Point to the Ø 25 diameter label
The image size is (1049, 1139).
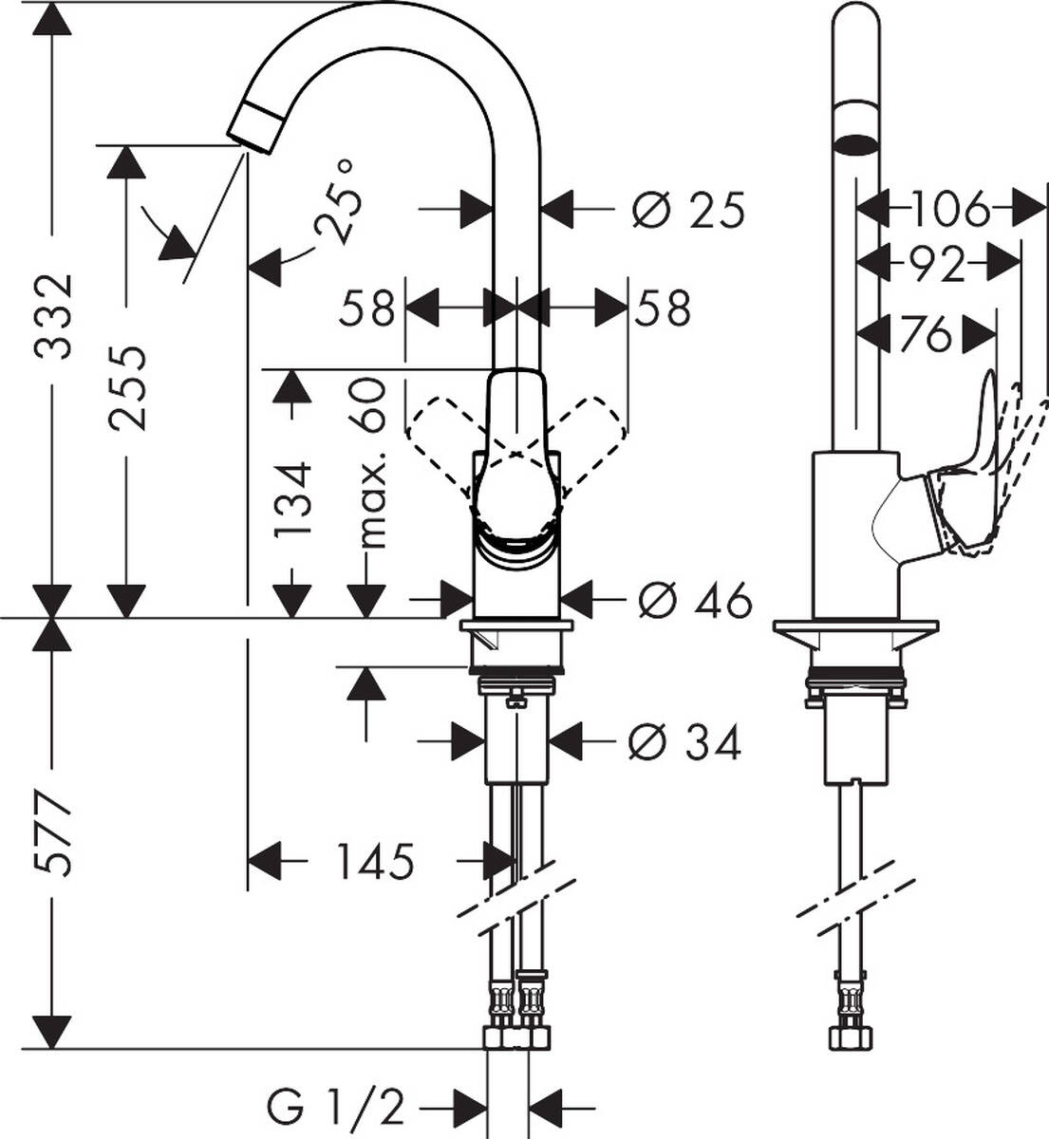(688, 210)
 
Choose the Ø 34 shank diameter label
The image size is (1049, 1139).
(684, 743)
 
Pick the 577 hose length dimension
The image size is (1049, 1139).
(53, 835)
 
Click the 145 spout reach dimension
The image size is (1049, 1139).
(374, 862)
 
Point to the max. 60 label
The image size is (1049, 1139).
(372, 465)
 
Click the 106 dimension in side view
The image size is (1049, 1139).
(949, 209)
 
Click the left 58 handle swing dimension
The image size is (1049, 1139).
(368, 308)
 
